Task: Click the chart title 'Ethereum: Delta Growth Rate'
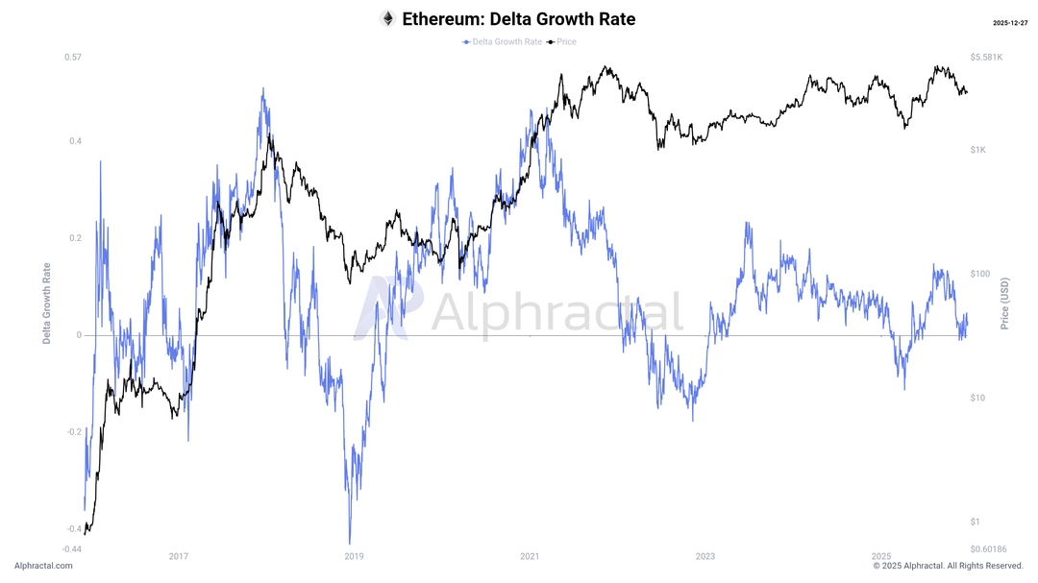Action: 518,19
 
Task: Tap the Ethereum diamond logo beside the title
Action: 387,19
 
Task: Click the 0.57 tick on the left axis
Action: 73,58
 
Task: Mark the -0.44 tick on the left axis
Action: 72,548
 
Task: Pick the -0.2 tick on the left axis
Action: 73,432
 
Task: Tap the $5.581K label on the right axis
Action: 987,58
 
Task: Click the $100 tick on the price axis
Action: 980,274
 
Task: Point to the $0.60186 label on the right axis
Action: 989,548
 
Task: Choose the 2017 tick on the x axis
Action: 178,557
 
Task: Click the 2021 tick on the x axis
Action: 530,557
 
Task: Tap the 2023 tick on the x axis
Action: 705,557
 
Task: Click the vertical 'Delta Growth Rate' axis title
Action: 46,303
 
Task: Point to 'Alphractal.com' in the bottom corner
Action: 43,567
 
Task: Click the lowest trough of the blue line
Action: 350,543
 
